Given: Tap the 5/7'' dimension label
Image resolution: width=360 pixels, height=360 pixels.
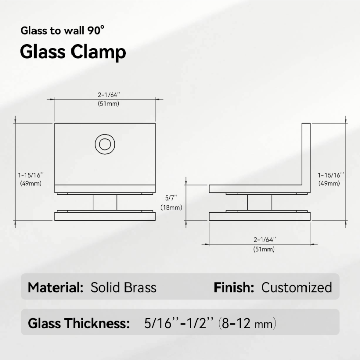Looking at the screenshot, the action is pyautogui.click(x=171, y=197).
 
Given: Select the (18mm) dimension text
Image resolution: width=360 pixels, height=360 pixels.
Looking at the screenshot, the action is pyautogui.click(x=171, y=208).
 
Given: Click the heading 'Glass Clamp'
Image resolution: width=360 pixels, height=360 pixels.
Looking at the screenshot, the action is pyautogui.click(x=73, y=52).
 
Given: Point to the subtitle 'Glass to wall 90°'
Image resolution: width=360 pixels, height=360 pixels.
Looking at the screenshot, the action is pyautogui.click(x=62, y=30).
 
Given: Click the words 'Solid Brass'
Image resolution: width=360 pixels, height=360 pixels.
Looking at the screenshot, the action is pyautogui.click(x=123, y=287).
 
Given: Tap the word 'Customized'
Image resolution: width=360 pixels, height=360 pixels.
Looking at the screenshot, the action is pyautogui.click(x=297, y=287).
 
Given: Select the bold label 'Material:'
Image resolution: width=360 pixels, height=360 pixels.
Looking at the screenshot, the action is pyautogui.click(x=56, y=287).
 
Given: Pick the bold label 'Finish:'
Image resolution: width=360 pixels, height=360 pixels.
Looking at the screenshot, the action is pyautogui.click(x=233, y=287).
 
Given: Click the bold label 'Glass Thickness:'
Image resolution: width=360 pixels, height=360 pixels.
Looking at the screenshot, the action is pyautogui.click(x=79, y=323).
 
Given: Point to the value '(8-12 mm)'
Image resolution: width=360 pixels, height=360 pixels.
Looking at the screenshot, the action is pyautogui.click(x=247, y=323).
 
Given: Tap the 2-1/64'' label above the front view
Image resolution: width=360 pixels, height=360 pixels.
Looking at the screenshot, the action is pyautogui.click(x=109, y=95).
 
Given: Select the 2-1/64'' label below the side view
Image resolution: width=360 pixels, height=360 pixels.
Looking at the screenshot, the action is pyautogui.click(x=265, y=240).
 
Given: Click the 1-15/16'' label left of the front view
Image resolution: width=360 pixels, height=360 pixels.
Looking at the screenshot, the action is pyautogui.click(x=30, y=175).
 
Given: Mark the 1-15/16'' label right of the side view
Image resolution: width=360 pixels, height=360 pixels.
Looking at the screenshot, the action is pyautogui.click(x=331, y=175).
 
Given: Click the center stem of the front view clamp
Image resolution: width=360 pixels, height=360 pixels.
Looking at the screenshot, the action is pyautogui.click(x=105, y=203).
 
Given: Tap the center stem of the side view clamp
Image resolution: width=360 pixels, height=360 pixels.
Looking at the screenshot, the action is pyautogui.click(x=260, y=203).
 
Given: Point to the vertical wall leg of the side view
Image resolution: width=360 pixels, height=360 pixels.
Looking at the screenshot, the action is pyautogui.click(x=306, y=154).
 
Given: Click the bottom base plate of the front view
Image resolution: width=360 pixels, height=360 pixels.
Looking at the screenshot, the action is pyautogui.click(x=105, y=217).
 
